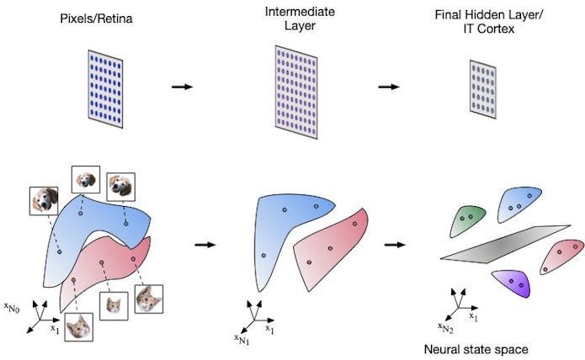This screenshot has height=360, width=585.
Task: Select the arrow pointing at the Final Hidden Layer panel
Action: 390,87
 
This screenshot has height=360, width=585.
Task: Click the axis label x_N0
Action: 14,289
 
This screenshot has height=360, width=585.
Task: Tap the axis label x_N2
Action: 445,327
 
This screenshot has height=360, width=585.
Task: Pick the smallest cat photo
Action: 113,305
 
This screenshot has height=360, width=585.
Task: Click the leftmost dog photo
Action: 44,200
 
